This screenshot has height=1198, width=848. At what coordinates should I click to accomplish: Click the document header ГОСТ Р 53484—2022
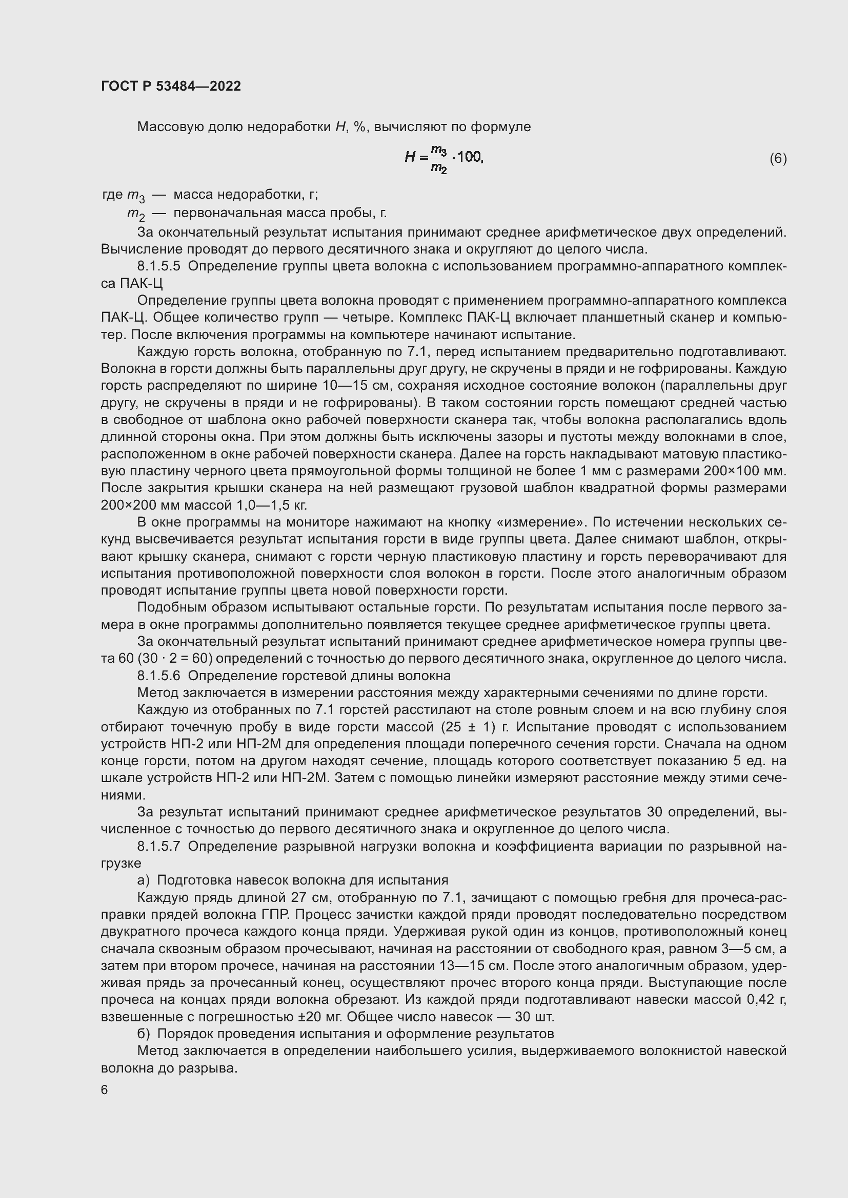171,86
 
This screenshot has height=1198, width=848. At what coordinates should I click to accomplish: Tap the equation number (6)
778,158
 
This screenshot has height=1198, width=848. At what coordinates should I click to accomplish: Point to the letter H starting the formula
410,157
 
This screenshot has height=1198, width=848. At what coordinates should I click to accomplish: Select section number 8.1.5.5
159,266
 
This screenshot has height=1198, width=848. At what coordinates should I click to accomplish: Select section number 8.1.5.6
159,676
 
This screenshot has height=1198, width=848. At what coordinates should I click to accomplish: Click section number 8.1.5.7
159,846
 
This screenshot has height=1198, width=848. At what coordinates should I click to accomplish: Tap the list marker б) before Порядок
144,1034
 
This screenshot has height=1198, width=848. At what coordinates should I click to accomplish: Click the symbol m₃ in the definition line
136,196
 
